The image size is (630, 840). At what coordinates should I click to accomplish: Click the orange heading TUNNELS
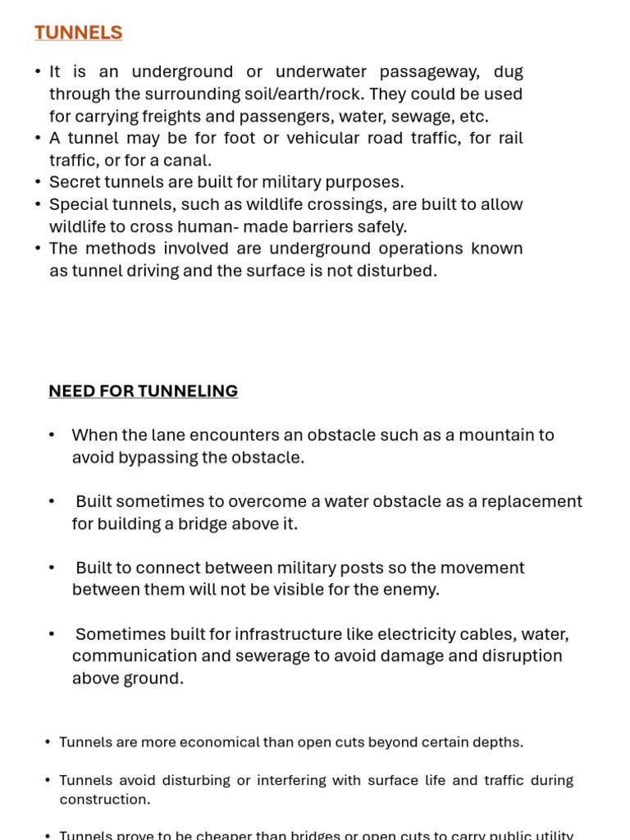[x=78, y=33]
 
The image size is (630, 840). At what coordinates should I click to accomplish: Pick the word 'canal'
[x=189, y=161]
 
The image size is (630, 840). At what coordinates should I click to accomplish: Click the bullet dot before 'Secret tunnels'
[x=38, y=182]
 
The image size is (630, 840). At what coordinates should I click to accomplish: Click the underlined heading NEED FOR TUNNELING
[x=143, y=391]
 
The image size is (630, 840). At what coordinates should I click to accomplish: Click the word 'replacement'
[x=533, y=501]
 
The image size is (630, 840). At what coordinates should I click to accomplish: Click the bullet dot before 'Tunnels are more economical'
[x=48, y=742]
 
